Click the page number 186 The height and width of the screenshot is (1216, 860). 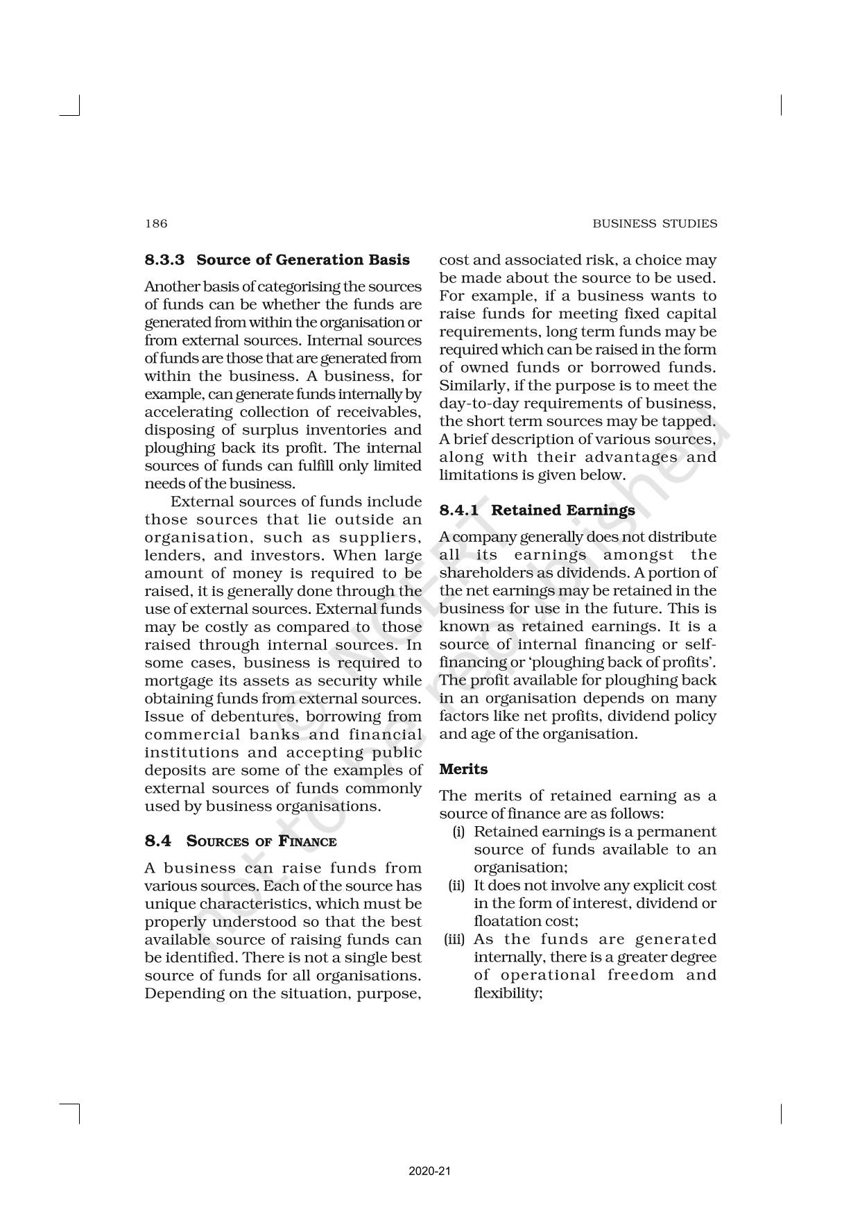pos(156,223)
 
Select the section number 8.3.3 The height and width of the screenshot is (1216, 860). pos(164,260)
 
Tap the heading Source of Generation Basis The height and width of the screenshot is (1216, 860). pos(303,260)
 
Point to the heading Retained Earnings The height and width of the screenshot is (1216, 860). pos(563,510)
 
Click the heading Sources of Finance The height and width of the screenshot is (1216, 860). pos(261,841)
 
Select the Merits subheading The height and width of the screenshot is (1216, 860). pos(463,769)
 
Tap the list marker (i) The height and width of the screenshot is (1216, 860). pos(458,832)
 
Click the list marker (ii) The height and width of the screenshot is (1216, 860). pos(456,886)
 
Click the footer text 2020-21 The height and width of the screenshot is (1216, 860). pos(430,1171)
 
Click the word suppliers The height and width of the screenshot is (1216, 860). pos(380,538)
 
